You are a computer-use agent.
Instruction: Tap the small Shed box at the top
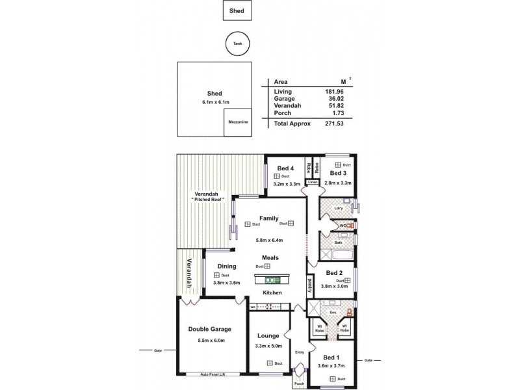(x=236, y=10)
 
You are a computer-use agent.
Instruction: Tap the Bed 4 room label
(x=285, y=168)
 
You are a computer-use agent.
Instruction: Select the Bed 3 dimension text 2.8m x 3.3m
(x=338, y=183)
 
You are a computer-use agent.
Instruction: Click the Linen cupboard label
(x=312, y=183)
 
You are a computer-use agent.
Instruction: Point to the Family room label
(x=268, y=218)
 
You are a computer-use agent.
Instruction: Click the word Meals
(x=270, y=257)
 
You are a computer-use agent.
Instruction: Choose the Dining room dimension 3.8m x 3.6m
(x=227, y=283)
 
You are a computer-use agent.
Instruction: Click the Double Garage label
(x=206, y=329)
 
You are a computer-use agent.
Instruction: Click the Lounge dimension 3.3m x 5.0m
(x=268, y=345)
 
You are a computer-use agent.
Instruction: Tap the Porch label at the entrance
(x=300, y=383)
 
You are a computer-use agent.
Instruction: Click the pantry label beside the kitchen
(x=309, y=285)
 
